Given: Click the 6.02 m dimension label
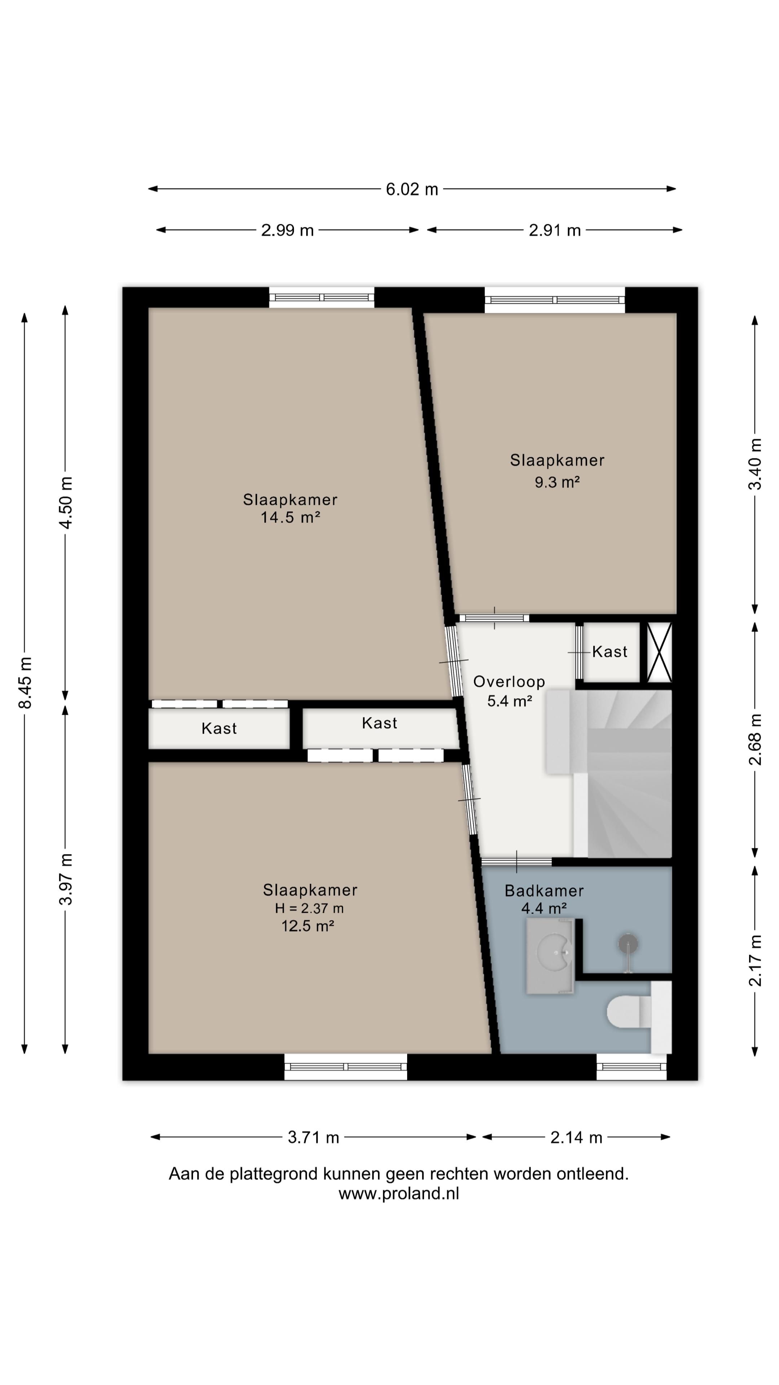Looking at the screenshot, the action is (x=412, y=189).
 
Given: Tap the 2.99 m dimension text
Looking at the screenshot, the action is (x=287, y=230).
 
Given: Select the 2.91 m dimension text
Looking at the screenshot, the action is (x=555, y=230).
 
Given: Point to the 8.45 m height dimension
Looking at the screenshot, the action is (x=25, y=682).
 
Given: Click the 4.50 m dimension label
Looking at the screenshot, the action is (x=66, y=503).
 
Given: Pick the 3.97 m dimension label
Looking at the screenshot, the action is (x=66, y=879).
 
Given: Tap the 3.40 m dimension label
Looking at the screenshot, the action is (x=755, y=463).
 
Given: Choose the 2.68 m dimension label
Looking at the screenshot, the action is (x=755, y=739).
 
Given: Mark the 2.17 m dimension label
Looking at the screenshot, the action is (x=755, y=960).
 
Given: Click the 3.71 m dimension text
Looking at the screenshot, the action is (x=313, y=1137).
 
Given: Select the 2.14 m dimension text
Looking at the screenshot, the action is (x=576, y=1137).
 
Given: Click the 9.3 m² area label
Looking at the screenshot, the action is (x=557, y=482).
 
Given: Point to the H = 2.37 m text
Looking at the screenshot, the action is (x=309, y=908).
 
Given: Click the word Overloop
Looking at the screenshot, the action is (x=509, y=682).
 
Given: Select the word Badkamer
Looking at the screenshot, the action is (x=544, y=891).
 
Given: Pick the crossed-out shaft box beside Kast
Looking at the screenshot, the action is (x=659, y=652).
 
